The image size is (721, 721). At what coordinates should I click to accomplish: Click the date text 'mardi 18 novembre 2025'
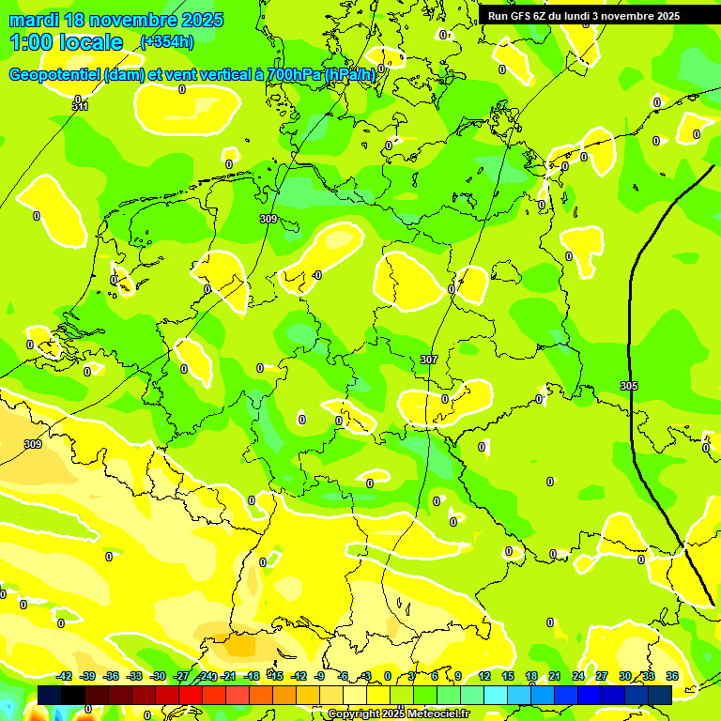(116, 20)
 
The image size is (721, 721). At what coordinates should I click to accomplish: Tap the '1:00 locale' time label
(66, 42)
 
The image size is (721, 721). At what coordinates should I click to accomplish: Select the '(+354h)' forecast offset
(167, 42)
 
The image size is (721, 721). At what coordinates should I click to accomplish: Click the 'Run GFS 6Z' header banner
(583, 15)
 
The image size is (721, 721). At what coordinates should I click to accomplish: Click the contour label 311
(80, 107)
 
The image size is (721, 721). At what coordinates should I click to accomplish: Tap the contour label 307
(429, 360)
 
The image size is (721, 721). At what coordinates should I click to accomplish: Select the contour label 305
(629, 386)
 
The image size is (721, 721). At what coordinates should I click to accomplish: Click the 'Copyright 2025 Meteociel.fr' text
(399, 714)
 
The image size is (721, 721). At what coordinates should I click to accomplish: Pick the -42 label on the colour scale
(64, 676)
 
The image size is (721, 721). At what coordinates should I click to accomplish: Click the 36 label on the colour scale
(672, 676)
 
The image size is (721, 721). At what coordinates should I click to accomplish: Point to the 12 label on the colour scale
(484, 676)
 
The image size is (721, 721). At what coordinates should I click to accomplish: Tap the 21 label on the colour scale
(555, 676)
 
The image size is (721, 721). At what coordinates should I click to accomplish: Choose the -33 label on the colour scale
(134, 676)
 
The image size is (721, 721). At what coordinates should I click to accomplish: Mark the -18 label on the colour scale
(252, 676)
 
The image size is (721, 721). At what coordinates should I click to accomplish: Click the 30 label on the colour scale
(625, 676)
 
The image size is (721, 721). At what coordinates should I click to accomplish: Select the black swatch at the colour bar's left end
(50, 694)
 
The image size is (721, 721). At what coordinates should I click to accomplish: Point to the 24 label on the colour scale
(578, 676)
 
